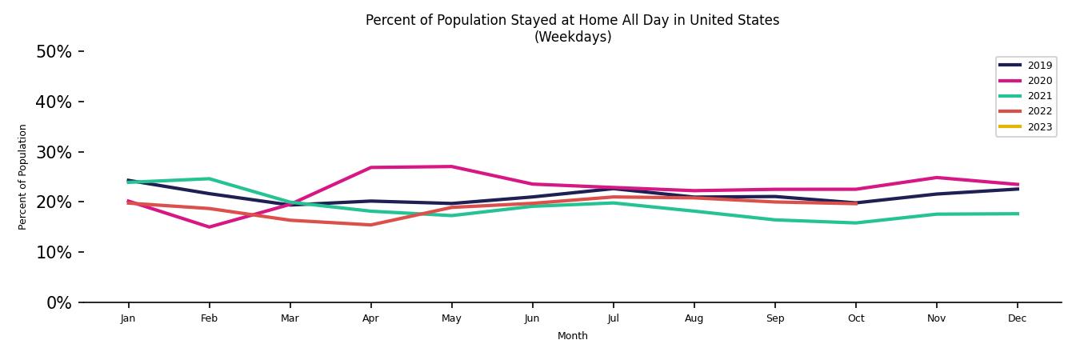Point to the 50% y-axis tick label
pyautogui.click(x=54, y=52)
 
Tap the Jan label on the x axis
pyautogui.click(x=128, y=318)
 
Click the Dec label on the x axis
pyautogui.click(x=1017, y=318)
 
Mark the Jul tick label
pyautogui.click(x=613, y=318)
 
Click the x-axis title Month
pyautogui.click(x=573, y=336)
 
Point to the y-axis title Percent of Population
pyautogui.click(x=23, y=177)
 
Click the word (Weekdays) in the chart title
pyautogui.click(x=573, y=37)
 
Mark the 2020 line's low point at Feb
pyautogui.click(x=209, y=227)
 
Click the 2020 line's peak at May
pyautogui.click(x=451, y=166)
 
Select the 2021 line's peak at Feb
pyautogui.click(x=209, y=178)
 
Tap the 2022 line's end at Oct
pyautogui.click(x=856, y=203)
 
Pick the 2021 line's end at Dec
pyautogui.click(x=1018, y=214)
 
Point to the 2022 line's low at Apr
pyautogui.click(x=370, y=225)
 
